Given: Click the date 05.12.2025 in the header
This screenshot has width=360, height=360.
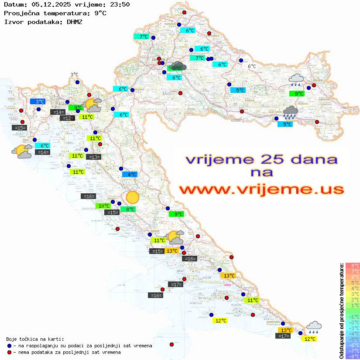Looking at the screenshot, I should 47,5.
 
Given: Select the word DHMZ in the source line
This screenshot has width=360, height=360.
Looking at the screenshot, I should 77,21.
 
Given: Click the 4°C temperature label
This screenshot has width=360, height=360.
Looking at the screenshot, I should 130,174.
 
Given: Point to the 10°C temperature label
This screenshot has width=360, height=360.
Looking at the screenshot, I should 103,206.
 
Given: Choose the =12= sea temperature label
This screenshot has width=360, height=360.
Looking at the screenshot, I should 67,118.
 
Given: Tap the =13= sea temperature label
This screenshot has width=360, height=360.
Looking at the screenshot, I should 94,157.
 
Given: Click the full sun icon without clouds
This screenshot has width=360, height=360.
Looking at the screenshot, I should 132,198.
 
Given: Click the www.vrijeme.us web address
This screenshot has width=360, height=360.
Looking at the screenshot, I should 261,189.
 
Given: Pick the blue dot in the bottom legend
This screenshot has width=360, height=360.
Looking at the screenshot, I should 9,346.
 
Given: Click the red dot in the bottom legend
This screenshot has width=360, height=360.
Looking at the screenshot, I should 9,352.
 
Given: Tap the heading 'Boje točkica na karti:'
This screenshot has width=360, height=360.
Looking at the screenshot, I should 35,339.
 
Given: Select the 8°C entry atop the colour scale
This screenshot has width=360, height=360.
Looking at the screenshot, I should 352,265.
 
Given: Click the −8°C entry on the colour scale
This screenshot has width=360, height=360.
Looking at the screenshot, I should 352,356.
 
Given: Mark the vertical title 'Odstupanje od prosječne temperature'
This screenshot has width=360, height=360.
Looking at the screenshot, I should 341,311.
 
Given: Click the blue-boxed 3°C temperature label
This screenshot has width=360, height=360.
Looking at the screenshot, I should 38,101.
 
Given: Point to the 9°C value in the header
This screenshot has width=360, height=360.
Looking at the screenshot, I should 100,13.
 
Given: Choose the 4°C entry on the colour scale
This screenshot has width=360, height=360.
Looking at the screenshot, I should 352,288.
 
